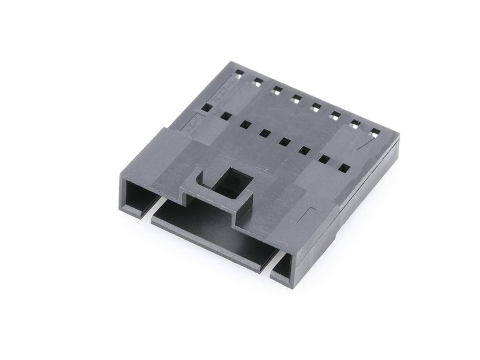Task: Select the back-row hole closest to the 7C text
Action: pos(239,73)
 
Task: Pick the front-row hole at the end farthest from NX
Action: pos(344,167)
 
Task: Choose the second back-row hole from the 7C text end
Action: pos(257,82)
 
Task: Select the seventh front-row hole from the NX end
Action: pos(323,159)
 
